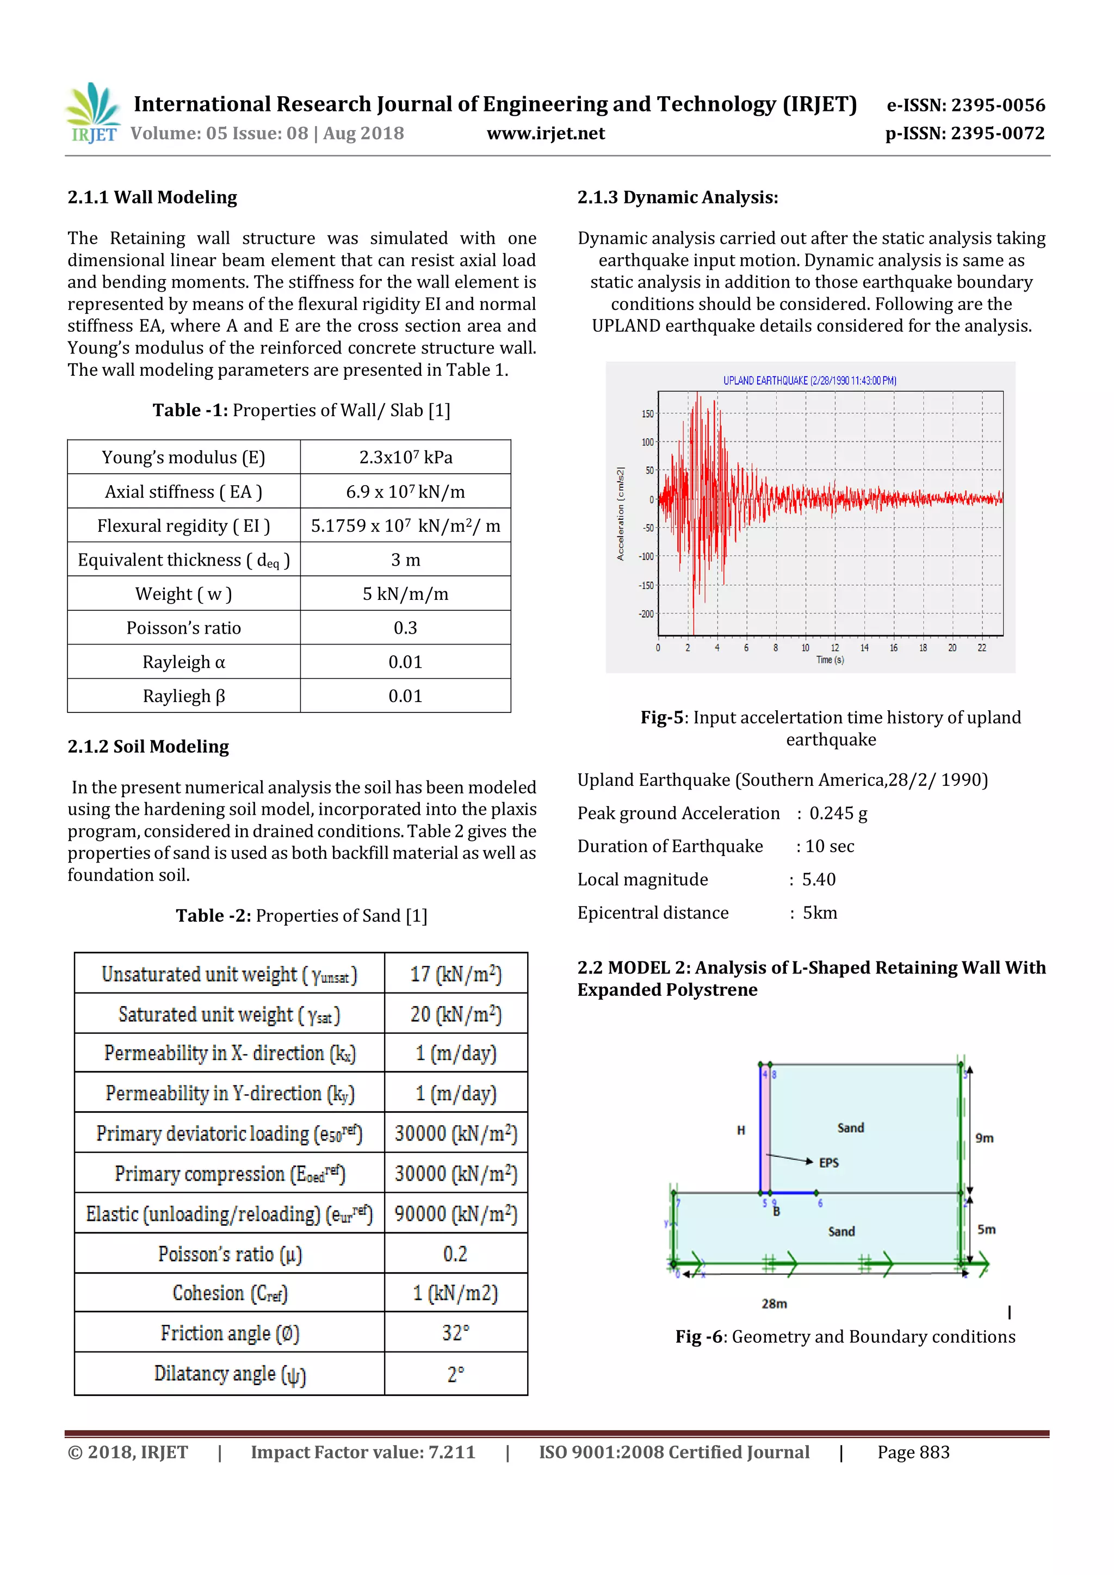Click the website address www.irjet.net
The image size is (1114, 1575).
(x=546, y=133)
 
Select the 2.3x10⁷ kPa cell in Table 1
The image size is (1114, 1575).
(x=405, y=457)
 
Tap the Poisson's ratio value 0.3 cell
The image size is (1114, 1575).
(x=405, y=628)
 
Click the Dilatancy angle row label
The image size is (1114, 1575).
(x=229, y=1373)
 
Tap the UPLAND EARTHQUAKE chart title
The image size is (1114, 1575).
(x=809, y=381)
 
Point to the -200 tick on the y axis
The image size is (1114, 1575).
(x=646, y=614)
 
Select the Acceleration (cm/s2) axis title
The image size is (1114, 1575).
(x=620, y=514)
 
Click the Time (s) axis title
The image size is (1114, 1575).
(x=830, y=660)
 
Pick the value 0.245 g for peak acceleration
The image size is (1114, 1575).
(x=838, y=814)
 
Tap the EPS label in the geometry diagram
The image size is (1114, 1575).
(x=828, y=1163)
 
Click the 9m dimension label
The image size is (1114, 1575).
(x=985, y=1138)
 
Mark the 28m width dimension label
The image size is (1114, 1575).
(x=774, y=1304)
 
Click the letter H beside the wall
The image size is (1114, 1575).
(x=741, y=1130)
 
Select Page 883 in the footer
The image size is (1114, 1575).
(x=913, y=1452)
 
